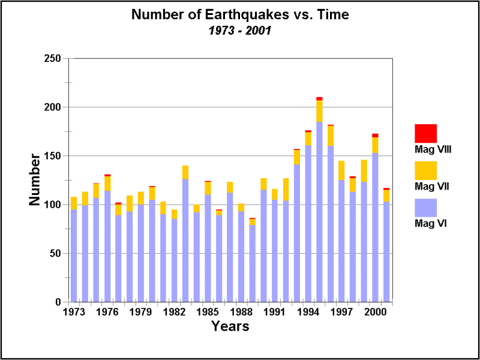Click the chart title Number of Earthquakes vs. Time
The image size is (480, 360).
click(239, 14)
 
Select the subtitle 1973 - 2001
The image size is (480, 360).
click(239, 29)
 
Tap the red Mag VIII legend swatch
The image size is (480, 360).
click(425, 133)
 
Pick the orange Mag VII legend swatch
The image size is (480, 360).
click(425, 170)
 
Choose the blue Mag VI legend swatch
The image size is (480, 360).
click(425, 208)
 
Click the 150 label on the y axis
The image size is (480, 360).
click(53, 156)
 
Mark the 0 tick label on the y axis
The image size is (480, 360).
click(58, 302)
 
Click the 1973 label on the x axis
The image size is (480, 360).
click(73, 313)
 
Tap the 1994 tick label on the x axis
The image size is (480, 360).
click(308, 313)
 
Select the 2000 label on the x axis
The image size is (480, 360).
click(376, 313)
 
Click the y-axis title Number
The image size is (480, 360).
click(35, 180)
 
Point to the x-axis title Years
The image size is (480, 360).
click(230, 327)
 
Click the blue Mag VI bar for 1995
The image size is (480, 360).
click(319, 210)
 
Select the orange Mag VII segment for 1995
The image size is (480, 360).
click(319, 111)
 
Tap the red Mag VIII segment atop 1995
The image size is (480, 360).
click(319, 98)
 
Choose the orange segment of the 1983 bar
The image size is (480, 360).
click(185, 172)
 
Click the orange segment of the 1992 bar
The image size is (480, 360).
click(286, 189)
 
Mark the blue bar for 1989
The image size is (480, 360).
click(253, 264)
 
